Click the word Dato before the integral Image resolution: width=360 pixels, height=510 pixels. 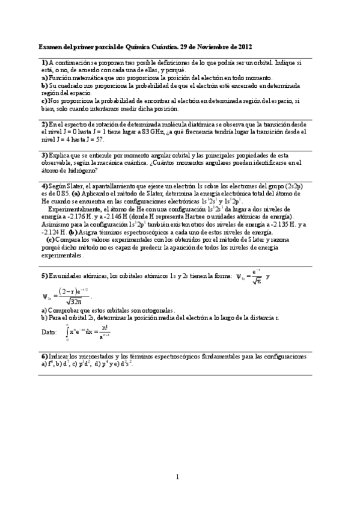[49, 332]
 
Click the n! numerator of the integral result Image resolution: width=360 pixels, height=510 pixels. [105, 328]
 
